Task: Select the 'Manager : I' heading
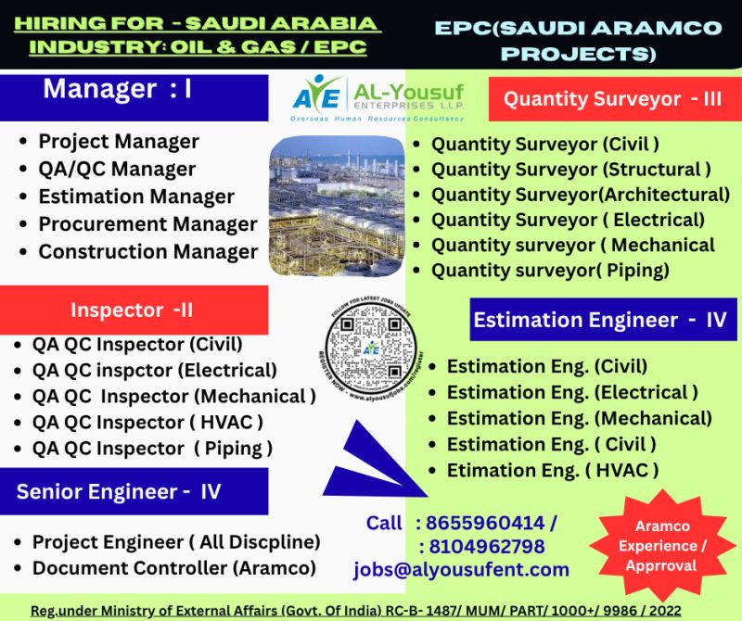[x=118, y=89]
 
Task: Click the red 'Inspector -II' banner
[x=132, y=310]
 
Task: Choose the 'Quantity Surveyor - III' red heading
[x=612, y=99]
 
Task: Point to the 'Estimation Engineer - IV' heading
[x=599, y=320]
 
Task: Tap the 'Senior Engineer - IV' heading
[x=119, y=491]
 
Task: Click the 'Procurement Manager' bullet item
[x=147, y=224]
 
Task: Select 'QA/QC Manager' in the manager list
[x=117, y=169]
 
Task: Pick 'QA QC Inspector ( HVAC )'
[x=148, y=422]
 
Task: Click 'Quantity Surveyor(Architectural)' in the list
[x=581, y=195]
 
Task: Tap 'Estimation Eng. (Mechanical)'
[x=580, y=418]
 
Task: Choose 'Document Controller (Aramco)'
[x=173, y=567]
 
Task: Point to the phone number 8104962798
[x=481, y=546]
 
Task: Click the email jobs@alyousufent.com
[x=461, y=570]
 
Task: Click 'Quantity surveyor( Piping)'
[x=550, y=271]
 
